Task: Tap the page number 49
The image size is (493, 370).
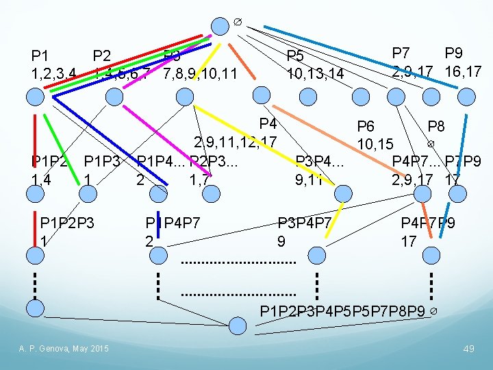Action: (x=468, y=349)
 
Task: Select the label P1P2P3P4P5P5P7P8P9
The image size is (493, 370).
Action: (x=343, y=312)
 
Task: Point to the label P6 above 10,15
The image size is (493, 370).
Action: (x=366, y=126)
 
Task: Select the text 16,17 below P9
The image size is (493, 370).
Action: (x=463, y=71)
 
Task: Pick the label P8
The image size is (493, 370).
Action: (x=436, y=126)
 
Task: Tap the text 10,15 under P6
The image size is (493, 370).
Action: (x=375, y=144)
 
